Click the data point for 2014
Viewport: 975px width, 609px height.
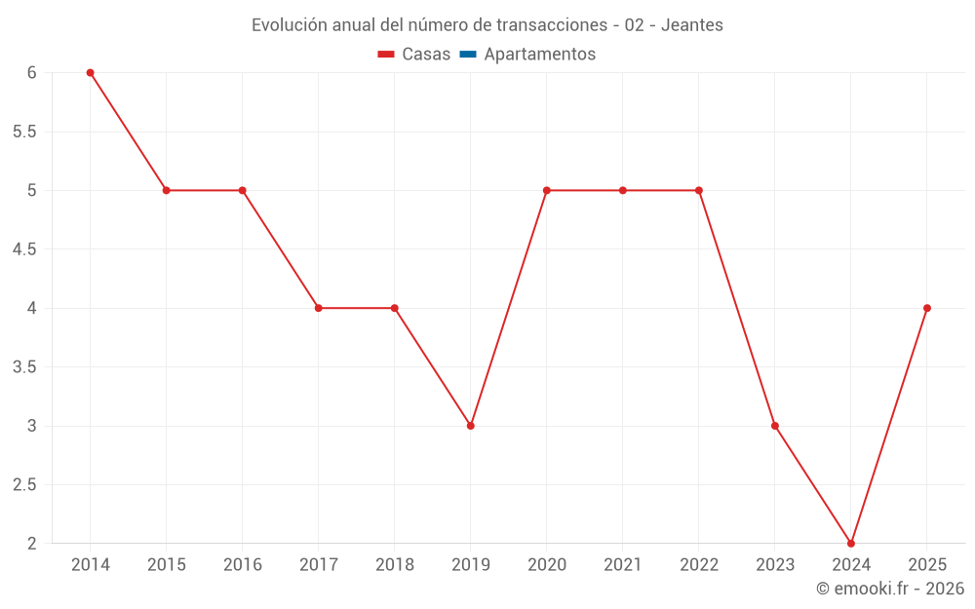90,72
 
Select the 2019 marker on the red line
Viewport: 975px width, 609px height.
471,426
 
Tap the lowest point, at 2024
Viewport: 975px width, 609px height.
851,544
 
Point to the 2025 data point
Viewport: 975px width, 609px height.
927,308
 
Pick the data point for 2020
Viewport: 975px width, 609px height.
547,190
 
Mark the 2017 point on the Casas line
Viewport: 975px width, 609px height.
319,308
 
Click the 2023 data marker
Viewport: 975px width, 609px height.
775,426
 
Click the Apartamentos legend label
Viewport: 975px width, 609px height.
539,55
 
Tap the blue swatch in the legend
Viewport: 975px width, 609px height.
468,55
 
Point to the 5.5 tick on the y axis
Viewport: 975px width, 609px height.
23,132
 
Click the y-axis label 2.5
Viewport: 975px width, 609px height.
23,485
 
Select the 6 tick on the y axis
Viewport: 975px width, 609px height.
31,72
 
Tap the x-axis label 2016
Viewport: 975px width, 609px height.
243,565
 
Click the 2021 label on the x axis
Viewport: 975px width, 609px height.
623,565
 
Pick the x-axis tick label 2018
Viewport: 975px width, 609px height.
395,565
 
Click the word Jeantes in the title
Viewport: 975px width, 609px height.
692,25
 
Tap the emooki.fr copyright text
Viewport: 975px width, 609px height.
890,589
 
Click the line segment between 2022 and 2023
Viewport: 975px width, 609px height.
737,308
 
